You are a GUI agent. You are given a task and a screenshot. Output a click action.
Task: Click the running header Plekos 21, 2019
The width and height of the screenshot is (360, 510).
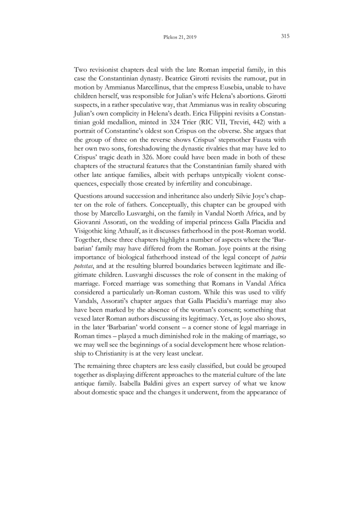coord(180,37)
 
